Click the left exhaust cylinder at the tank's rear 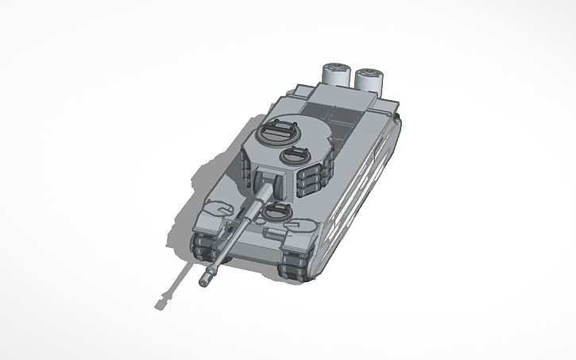click(335, 75)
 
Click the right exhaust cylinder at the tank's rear click(369, 79)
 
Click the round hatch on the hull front click(276, 211)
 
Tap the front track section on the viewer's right click(295, 263)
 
